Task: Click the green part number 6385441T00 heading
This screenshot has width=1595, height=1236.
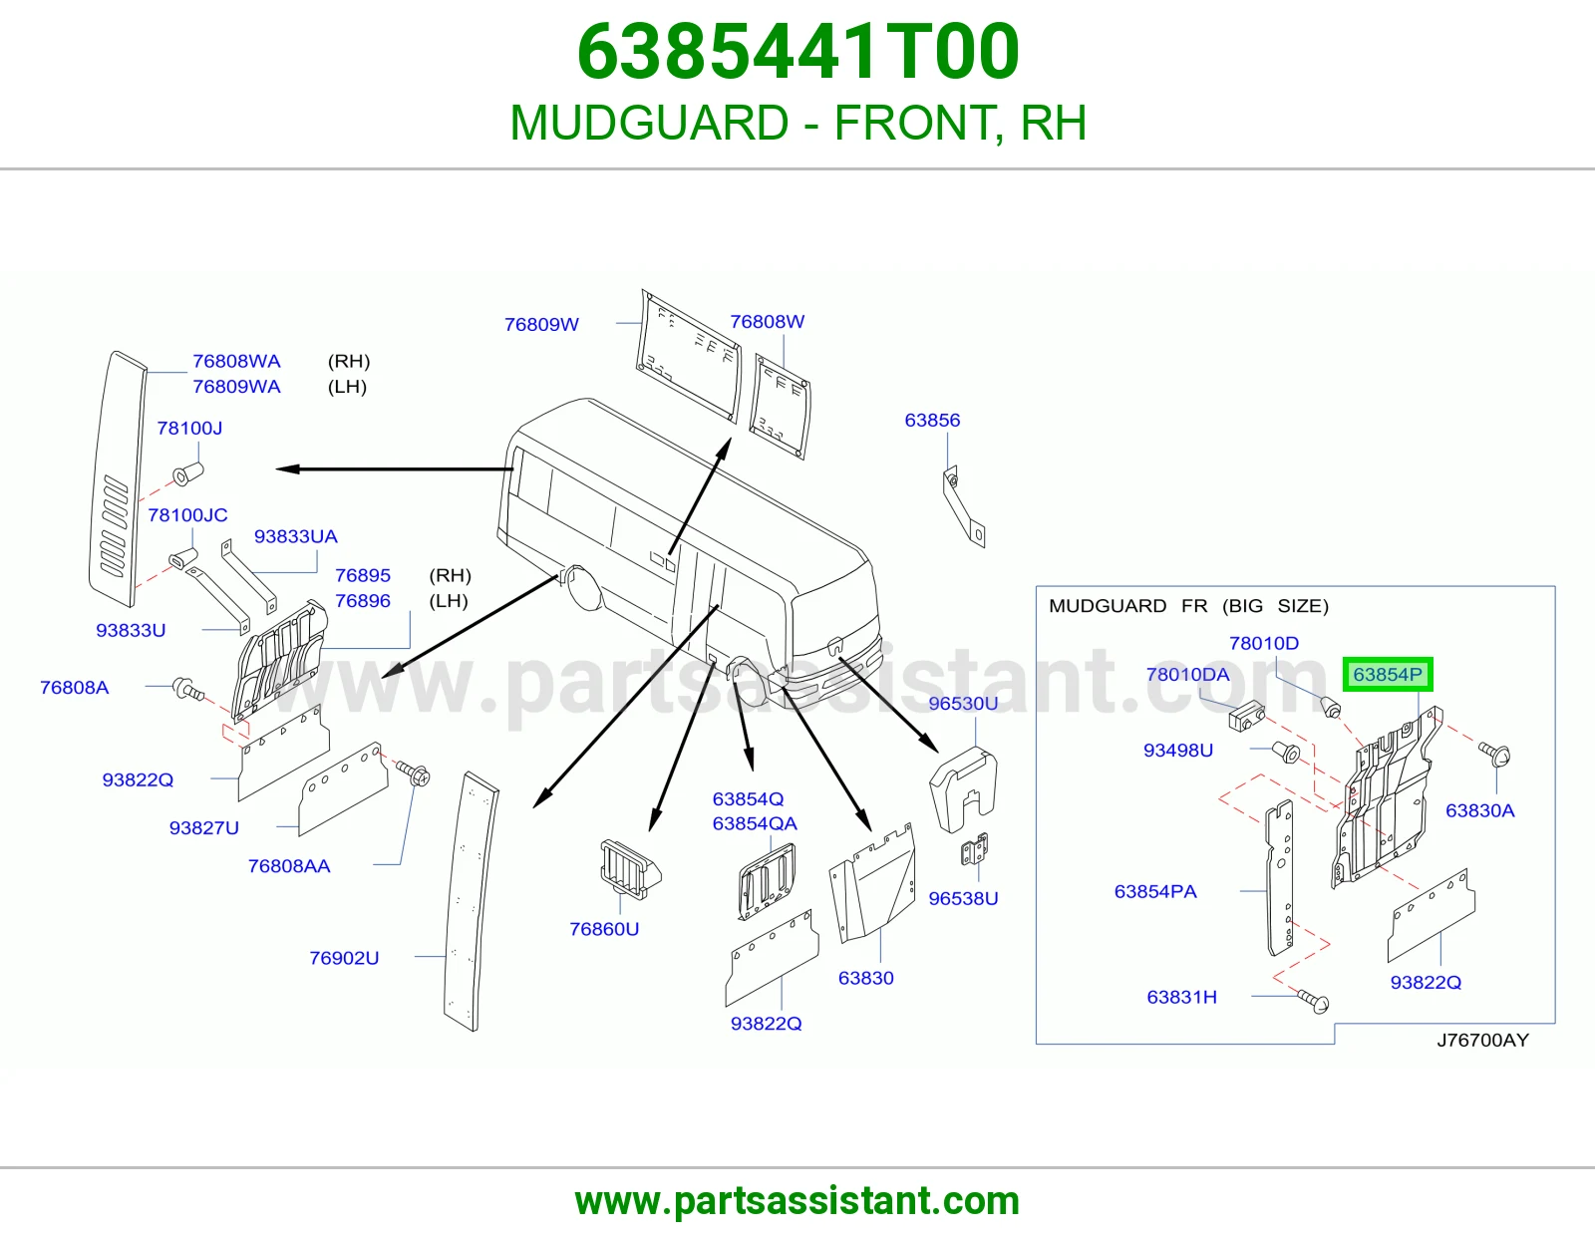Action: tap(797, 52)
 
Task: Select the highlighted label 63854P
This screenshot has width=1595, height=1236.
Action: tap(1388, 674)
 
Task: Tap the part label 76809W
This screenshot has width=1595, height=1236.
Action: tap(541, 324)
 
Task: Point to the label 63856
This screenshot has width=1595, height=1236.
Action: tap(932, 420)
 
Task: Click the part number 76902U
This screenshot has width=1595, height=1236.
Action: tap(344, 958)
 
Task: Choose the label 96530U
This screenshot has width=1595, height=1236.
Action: tap(963, 703)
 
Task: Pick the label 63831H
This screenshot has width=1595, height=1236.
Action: tap(1181, 997)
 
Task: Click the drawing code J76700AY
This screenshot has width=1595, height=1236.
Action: tap(1482, 1040)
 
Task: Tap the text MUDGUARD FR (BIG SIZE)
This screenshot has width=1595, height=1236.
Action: tap(1188, 605)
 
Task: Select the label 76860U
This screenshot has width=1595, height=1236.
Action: tap(604, 929)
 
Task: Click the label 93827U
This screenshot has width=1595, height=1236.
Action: tap(204, 828)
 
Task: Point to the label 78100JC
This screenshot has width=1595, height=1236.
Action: tap(187, 515)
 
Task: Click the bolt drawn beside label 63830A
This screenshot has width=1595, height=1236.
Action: tap(1494, 754)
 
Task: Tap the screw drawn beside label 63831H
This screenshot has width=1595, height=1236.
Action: tap(1313, 1001)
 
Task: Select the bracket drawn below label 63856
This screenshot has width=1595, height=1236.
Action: tap(963, 506)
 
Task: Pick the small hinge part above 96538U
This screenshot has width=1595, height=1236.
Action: tap(975, 849)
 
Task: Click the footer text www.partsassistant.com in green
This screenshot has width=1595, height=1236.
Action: tap(797, 1201)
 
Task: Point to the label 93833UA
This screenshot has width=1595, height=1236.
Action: tap(296, 536)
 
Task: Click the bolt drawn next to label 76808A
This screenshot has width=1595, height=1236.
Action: tap(187, 689)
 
